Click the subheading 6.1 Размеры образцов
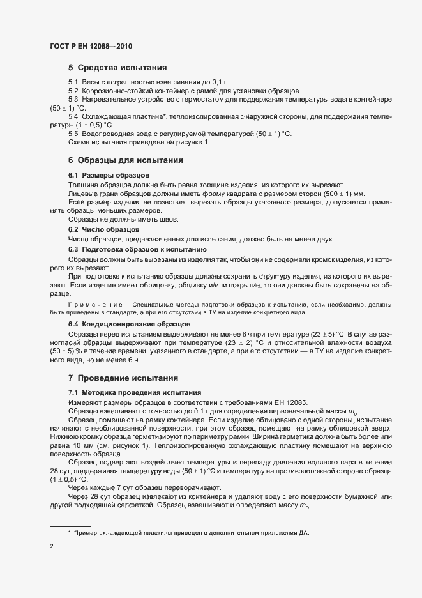point(109,175)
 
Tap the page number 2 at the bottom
point(51,546)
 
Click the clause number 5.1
point(73,83)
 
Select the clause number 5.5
point(73,133)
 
